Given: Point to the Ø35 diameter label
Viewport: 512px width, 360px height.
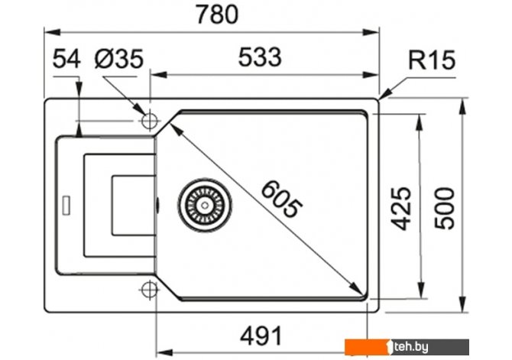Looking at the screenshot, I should click(120, 59).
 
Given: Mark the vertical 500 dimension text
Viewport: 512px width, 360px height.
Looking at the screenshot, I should click(445, 207).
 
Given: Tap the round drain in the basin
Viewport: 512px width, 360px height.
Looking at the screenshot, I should click(203, 204).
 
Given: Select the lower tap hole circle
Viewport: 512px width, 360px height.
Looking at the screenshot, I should click(149, 289).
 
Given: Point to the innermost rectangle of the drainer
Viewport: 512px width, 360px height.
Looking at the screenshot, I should click(134, 206).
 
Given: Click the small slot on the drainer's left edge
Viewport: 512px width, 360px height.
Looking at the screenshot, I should click(66, 204).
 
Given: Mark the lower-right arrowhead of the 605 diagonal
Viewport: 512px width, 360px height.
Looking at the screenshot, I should click(359, 287).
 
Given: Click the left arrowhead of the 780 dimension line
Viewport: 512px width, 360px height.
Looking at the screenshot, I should click(49, 32).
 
